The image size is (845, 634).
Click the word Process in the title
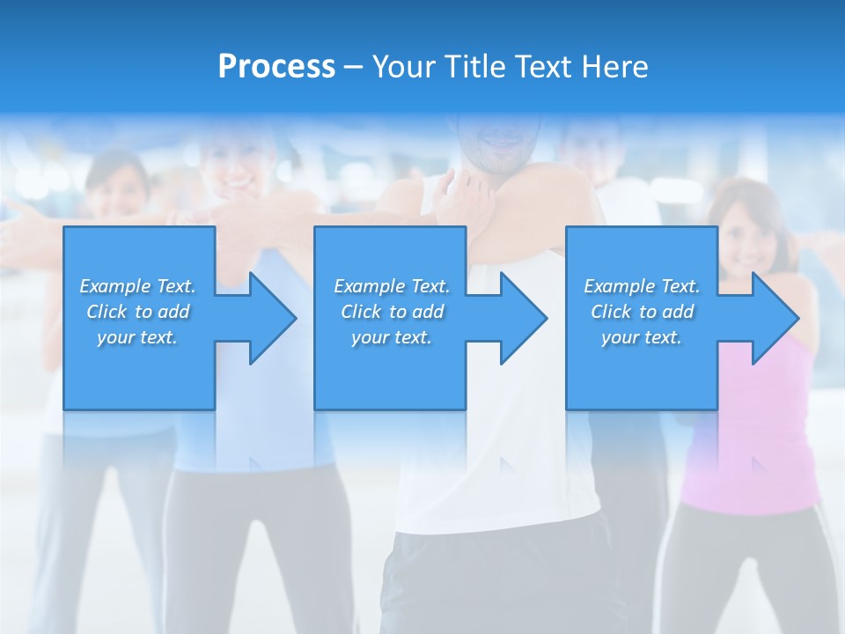coord(276,67)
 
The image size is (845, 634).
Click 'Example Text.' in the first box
coord(137,286)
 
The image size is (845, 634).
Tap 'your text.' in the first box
coord(137,337)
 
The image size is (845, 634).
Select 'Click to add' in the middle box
coord(392,312)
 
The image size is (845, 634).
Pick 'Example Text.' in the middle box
coord(392,286)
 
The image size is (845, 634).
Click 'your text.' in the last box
coord(642,337)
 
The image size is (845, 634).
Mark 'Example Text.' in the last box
coord(642,286)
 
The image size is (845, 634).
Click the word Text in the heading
coord(544,67)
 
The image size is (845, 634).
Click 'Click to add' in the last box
coord(642,312)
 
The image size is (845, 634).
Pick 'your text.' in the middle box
coord(392,337)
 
